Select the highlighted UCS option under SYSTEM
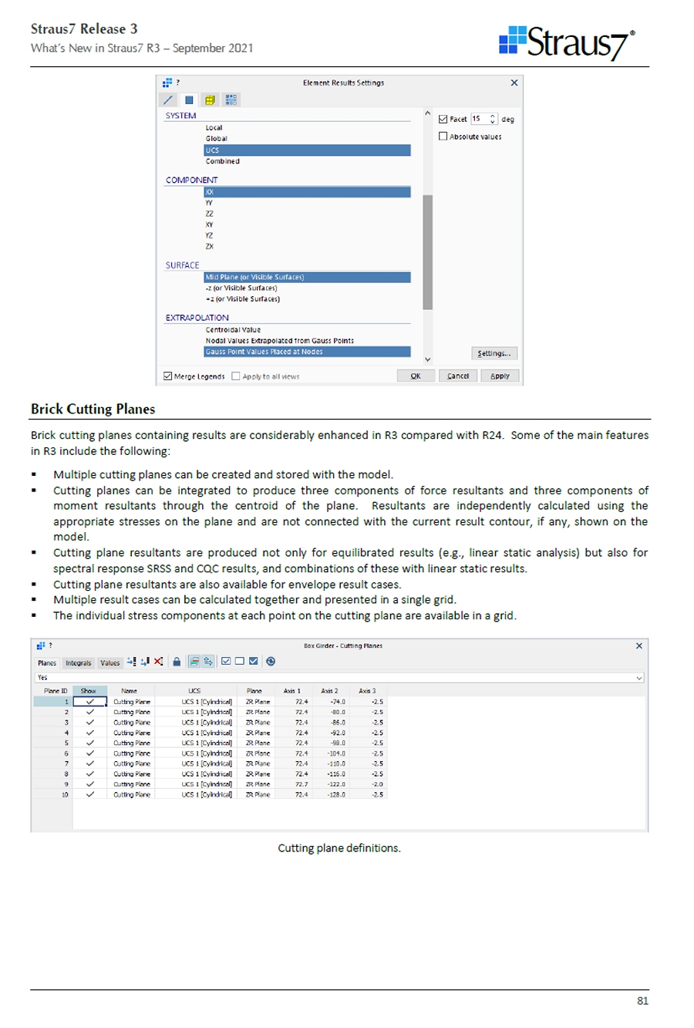[307, 150]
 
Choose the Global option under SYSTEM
[217, 139]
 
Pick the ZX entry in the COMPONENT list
[210, 247]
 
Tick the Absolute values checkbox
[443, 137]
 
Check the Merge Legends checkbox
[168, 376]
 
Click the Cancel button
[458, 376]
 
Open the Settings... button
[494, 353]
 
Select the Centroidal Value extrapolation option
[233, 329]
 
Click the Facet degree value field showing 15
[480, 119]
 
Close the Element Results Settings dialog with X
[514, 83]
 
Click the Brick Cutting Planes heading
[93, 410]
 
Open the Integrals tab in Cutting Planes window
[78, 662]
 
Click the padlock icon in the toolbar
[177, 662]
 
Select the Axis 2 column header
[330, 691]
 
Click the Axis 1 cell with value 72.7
[301, 784]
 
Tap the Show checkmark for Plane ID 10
[89, 794]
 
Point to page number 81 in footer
[642, 1001]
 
